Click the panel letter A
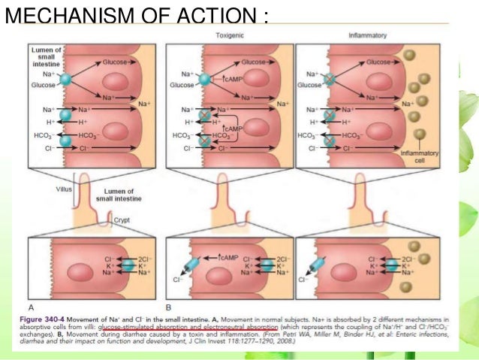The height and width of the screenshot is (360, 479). (x=31, y=307)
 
